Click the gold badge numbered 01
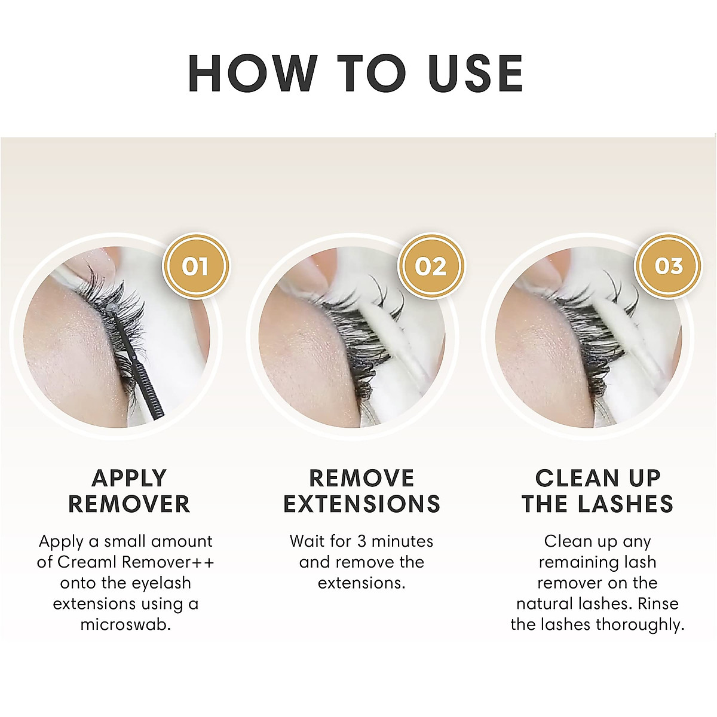(x=196, y=266)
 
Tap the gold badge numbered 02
(x=431, y=266)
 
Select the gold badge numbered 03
(x=668, y=266)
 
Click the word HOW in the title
(x=253, y=73)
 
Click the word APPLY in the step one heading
(x=129, y=478)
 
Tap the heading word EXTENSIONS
(x=362, y=504)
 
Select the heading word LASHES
(x=626, y=504)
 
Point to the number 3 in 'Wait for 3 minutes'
(x=362, y=542)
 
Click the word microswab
(x=125, y=625)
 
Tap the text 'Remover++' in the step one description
(x=168, y=562)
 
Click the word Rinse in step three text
(x=658, y=604)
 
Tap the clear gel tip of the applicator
(x=111, y=308)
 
